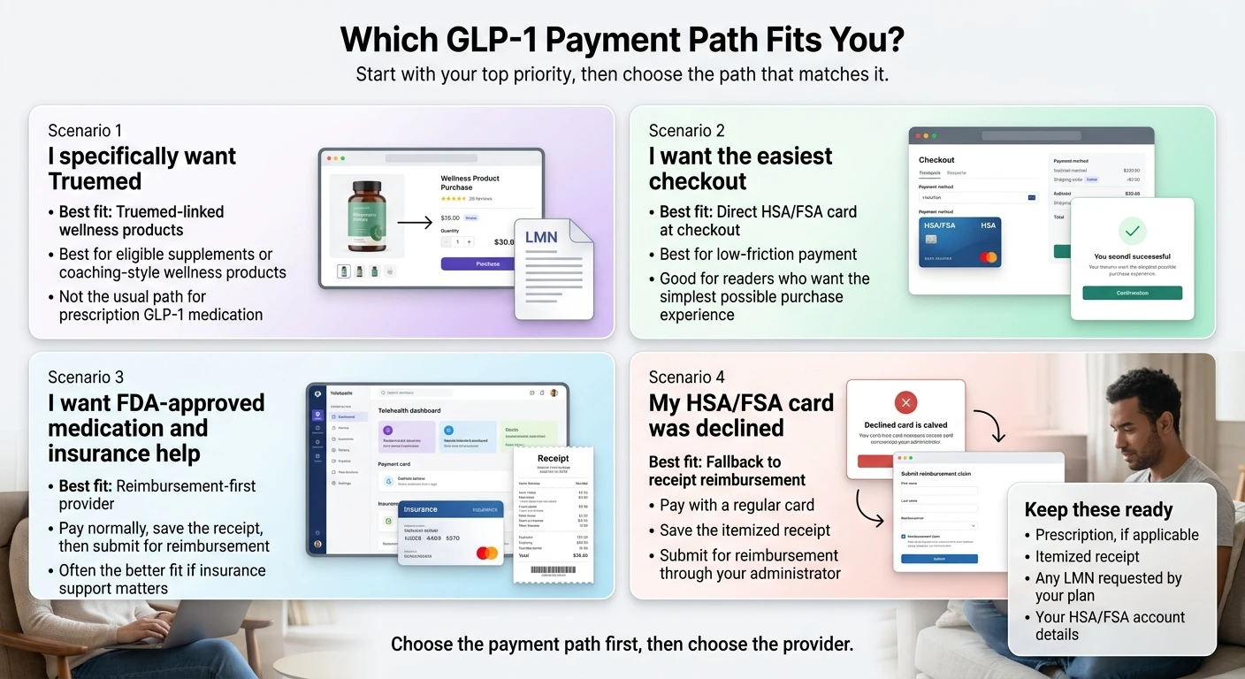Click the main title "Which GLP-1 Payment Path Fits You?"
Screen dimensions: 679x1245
point(622,40)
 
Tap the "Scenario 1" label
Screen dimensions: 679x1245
point(85,131)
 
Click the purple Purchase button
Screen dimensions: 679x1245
point(487,263)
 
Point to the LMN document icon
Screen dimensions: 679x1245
point(554,269)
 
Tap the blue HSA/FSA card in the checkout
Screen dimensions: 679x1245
point(959,242)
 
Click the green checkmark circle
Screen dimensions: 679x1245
point(1132,232)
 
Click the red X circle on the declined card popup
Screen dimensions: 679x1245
point(905,403)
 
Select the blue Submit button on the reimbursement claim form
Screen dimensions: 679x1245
point(939,559)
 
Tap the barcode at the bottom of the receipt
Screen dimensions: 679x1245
point(553,570)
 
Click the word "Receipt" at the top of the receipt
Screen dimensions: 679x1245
point(553,458)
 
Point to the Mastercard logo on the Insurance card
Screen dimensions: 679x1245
point(486,553)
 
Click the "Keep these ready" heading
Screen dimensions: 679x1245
point(1098,510)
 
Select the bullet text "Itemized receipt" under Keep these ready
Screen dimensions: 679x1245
point(1087,557)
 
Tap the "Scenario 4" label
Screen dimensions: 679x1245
point(686,378)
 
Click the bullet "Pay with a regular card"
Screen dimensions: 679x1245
point(737,506)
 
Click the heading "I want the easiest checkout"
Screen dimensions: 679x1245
point(740,168)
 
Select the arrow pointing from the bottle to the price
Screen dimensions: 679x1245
point(415,221)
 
